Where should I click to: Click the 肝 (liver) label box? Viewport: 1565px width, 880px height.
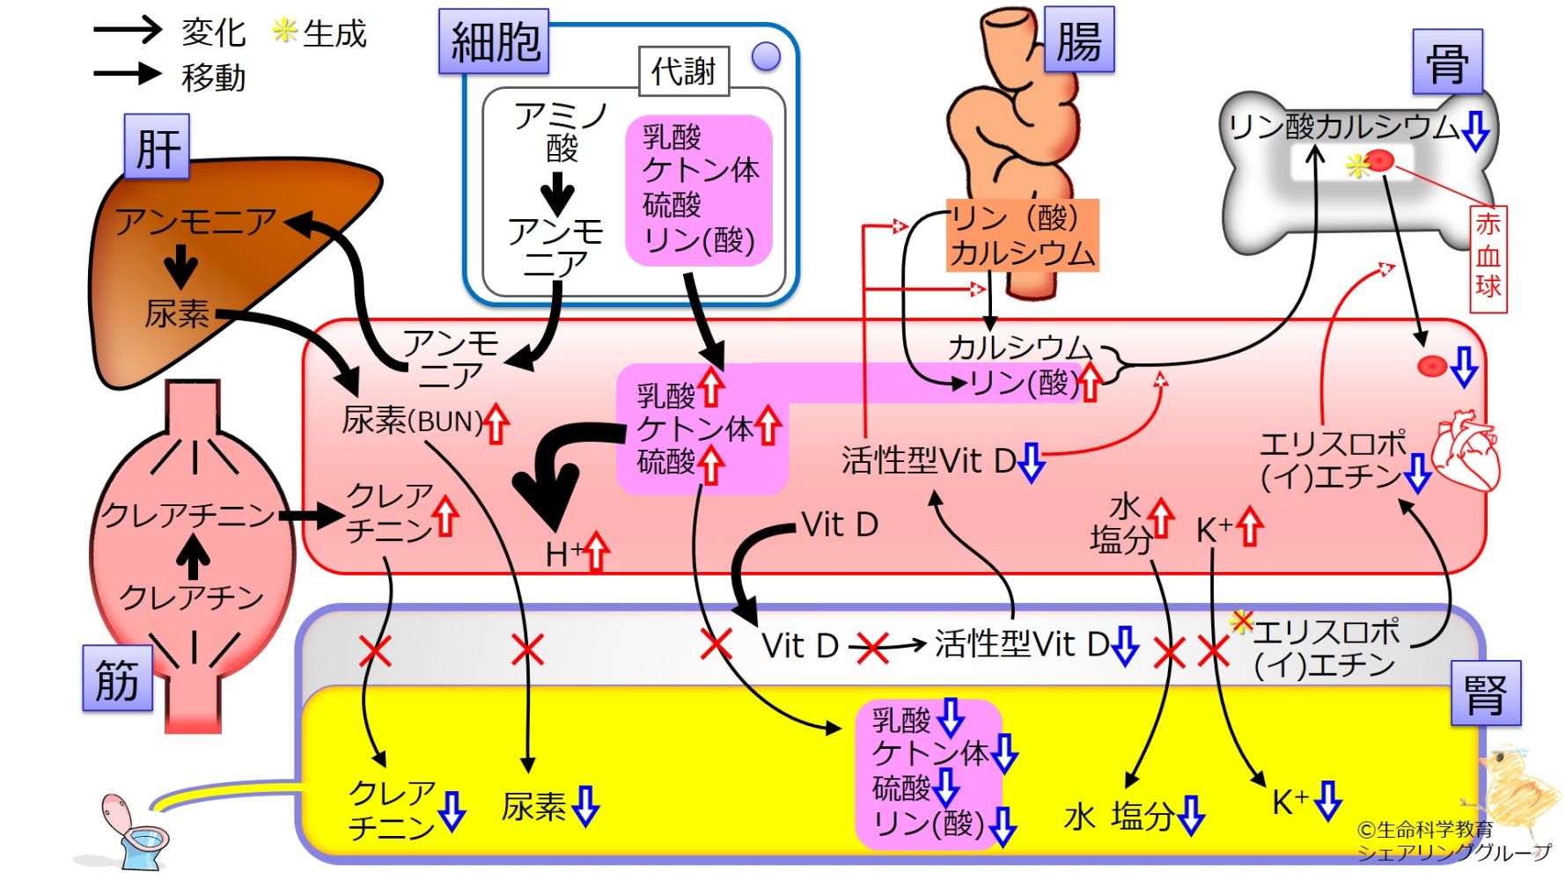click(x=157, y=147)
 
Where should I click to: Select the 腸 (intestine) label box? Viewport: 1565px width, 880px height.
click(x=1079, y=40)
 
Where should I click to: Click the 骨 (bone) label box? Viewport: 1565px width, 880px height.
click(x=1447, y=62)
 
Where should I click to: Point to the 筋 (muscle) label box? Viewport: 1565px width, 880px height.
click(x=118, y=678)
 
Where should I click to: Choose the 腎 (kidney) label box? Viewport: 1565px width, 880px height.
click(x=1486, y=693)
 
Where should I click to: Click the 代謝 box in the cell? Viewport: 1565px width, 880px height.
click(x=684, y=70)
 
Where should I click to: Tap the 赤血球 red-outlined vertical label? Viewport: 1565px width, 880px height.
click(x=1488, y=258)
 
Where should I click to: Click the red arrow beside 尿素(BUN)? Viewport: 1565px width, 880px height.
click(x=496, y=422)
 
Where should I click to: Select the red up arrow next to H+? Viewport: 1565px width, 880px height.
click(x=597, y=552)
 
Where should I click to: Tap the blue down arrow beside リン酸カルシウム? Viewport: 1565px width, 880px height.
click(x=1476, y=129)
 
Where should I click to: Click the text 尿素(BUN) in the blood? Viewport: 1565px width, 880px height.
click(x=412, y=422)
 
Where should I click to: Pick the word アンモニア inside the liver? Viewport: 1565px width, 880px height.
click(x=195, y=221)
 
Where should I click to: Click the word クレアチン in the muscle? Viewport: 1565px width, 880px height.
click(x=192, y=598)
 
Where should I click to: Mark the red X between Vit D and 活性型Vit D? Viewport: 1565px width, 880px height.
click(x=872, y=649)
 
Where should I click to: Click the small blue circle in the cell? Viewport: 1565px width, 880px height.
click(x=767, y=57)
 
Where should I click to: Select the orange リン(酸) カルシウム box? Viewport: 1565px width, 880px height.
click(x=1023, y=234)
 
